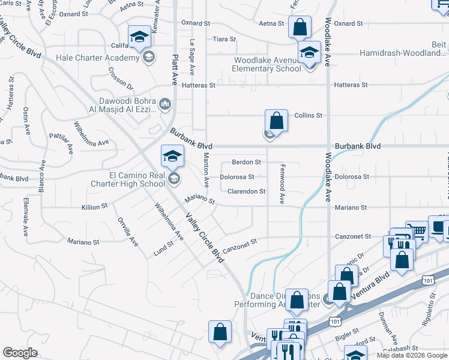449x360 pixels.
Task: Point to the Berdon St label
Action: click(247, 162)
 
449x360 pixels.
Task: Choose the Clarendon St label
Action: click(246, 191)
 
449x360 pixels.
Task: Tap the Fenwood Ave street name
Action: click(282, 184)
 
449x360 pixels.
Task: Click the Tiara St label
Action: click(224, 39)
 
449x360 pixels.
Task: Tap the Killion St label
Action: click(94, 206)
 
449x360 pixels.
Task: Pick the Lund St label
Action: click(163, 247)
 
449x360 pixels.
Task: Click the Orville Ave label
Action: click(127, 231)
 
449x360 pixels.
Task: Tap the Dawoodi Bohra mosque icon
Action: click(166, 106)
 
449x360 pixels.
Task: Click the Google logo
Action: click(20, 353)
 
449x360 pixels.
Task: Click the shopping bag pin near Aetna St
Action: click(299, 28)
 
